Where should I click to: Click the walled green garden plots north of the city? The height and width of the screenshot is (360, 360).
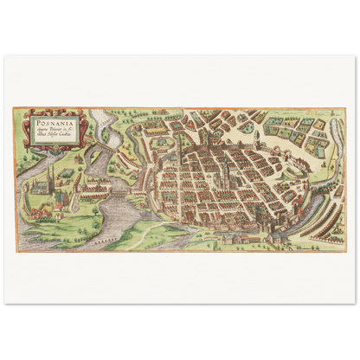point(299,130)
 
